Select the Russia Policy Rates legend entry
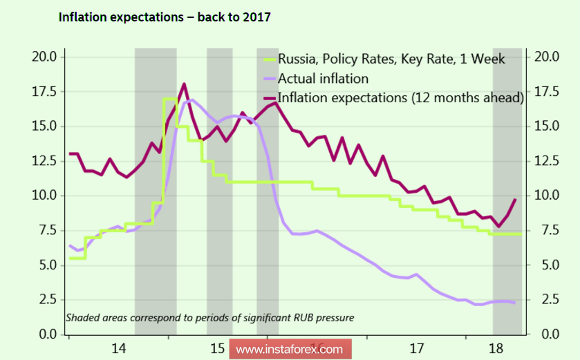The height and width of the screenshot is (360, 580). coord(391,59)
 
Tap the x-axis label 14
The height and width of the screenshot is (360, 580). coord(118,348)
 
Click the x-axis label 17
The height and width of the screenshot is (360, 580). coord(416,348)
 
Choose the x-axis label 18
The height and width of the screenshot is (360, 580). coord(495,348)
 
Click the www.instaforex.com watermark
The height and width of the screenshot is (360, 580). coord(290,349)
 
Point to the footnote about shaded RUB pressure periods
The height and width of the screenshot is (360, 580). coord(209,319)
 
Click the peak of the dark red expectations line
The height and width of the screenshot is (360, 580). coord(184,84)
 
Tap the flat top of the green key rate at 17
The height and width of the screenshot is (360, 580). coord(170,99)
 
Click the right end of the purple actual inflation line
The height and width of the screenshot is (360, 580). coord(514,303)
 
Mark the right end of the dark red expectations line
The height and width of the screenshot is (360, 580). coord(515,200)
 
